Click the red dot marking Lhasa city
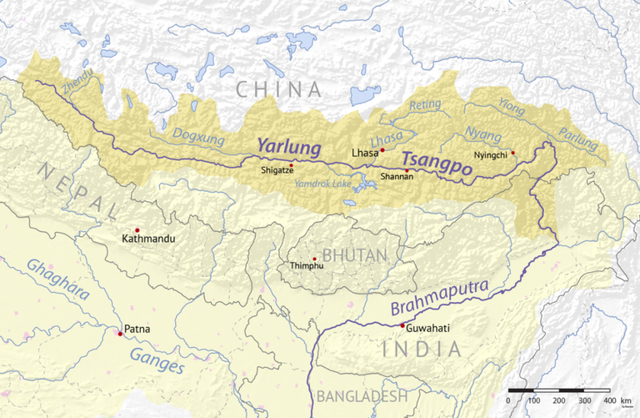(382, 150)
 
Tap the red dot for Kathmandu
(137, 230)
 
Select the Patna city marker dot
(120, 334)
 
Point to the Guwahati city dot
(402, 325)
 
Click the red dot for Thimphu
(314, 259)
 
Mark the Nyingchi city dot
(513, 153)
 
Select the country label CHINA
(277, 89)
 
